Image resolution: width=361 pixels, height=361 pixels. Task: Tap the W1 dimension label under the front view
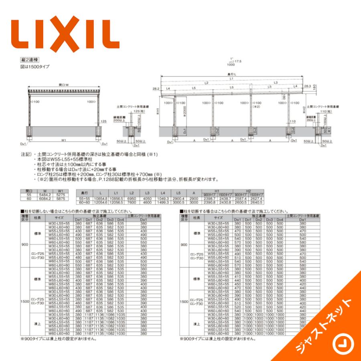click(64, 140)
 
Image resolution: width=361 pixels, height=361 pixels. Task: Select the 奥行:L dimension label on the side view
click(231, 75)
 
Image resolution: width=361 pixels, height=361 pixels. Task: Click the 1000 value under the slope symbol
click(231, 65)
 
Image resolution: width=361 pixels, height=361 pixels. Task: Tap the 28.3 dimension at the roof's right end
click(307, 86)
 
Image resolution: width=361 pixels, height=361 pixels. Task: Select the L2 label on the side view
click(206, 83)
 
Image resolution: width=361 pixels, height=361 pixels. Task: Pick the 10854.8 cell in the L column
click(100, 199)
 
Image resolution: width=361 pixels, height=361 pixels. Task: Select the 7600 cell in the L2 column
click(131, 203)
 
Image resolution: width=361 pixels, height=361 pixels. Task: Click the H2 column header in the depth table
click(248, 191)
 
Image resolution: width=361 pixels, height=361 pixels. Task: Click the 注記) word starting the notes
click(26, 154)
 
